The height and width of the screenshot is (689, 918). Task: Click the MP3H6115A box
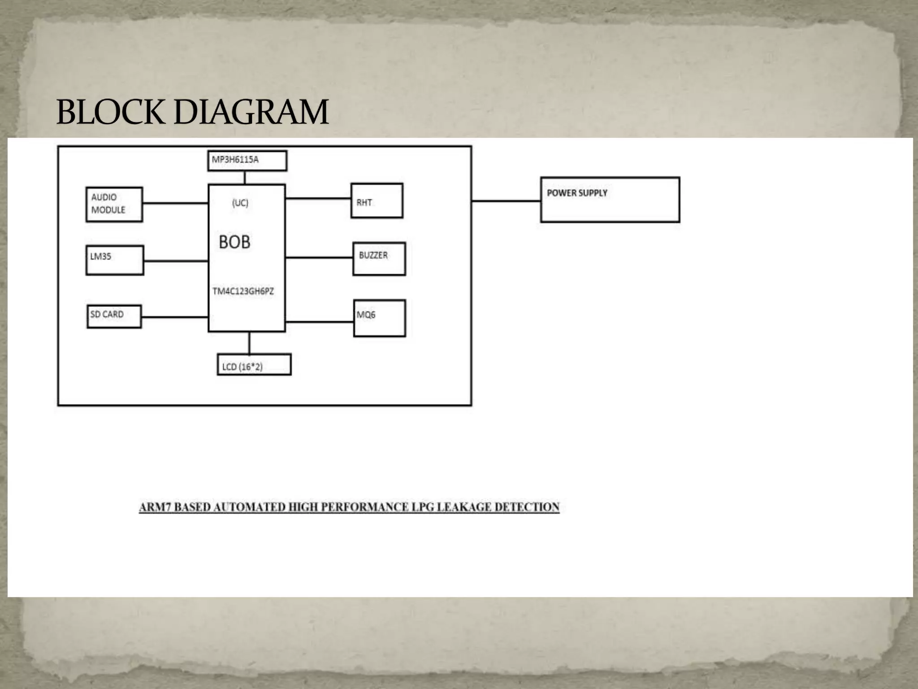pos(247,161)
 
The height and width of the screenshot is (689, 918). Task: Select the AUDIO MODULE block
pos(114,204)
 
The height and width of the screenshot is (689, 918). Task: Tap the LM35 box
pos(114,260)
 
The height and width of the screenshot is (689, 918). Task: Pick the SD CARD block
pos(114,316)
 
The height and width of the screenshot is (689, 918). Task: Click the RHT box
pos(377,201)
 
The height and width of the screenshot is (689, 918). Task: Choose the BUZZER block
pos(379,259)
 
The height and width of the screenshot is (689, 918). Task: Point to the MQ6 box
pos(379,318)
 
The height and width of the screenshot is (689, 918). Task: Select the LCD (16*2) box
pos(254,365)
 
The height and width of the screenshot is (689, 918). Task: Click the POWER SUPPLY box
pos(610,200)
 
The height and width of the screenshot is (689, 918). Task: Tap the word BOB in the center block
pos(234,242)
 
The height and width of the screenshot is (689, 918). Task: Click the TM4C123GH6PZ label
pos(243,291)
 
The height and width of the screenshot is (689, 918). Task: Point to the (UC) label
pos(240,203)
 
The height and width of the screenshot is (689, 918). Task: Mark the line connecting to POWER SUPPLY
pos(506,201)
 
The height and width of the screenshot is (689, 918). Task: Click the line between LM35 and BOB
pos(176,261)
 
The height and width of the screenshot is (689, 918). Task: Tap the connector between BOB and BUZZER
pos(319,257)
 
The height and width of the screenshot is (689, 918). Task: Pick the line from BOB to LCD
pos(249,343)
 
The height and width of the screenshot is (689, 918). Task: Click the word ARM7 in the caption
pos(155,507)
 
